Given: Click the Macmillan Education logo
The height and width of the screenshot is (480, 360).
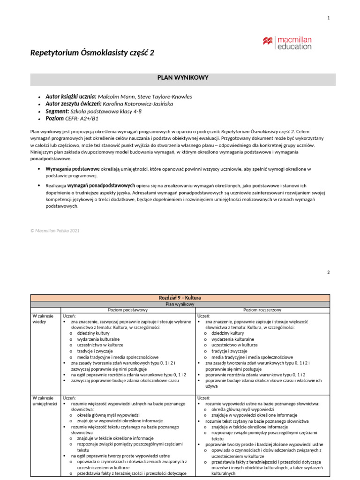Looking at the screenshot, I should click(287, 42).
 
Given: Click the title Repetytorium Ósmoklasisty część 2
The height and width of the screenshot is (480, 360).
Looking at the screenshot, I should click(92, 53).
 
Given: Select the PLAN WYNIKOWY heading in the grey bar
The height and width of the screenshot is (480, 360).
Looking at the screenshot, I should click(183, 78).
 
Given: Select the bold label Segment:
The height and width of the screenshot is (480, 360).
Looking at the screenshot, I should click(57, 112).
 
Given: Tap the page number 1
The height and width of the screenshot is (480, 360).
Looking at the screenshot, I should click(329, 18).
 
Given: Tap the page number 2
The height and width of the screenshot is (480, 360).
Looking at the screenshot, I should click(329, 272).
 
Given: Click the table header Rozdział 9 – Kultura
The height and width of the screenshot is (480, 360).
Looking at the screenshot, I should click(180, 298).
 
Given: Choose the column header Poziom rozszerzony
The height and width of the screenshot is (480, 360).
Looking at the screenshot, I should click(262, 310).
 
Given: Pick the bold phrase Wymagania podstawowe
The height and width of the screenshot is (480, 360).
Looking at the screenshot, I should click(72, 168).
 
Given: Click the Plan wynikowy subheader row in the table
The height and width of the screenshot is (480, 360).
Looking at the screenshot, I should click(180, 304).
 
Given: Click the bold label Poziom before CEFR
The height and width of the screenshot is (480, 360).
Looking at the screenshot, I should click(55, 120).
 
